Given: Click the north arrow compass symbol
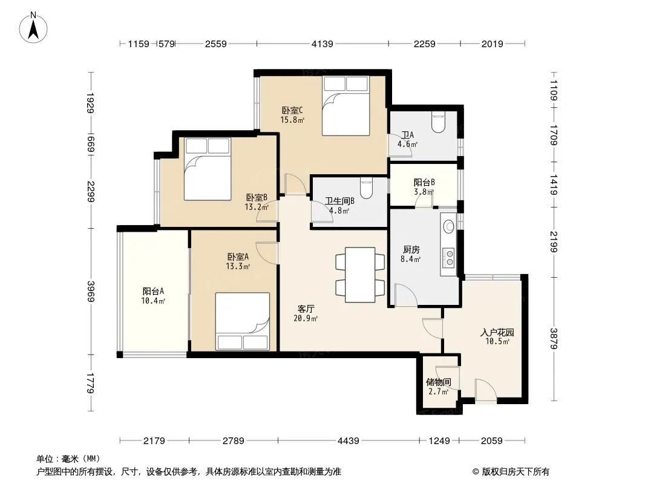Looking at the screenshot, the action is [x=33, y=28].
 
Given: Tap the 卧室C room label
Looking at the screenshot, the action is [x=292, y=110].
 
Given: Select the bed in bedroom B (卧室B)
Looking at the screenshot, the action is [x=208, y=169].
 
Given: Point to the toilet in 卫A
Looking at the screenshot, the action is [x=439, y=122].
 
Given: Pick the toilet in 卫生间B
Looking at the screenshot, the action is [x=366, y=188].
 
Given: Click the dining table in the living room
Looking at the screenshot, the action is [x=360, y=275].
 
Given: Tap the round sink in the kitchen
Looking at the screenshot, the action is [x=449, y=226].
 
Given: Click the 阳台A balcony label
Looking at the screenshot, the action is [x=154, y=291].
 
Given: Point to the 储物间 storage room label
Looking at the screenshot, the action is [x=439, y=382].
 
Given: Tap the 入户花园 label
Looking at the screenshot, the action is [x=497, y=332].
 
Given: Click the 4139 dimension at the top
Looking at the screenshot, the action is [x=322, y=44].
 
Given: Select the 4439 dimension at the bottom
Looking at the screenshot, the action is [x=349, y=441].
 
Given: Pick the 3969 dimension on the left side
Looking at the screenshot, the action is [x=91, y=291].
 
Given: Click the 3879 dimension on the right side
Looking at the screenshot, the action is [x=554, y=338].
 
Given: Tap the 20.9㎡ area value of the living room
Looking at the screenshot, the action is [x=306, y=318].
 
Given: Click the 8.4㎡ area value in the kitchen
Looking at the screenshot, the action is [x=410, y=259].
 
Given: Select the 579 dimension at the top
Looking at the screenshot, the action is [x=166, y=44].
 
